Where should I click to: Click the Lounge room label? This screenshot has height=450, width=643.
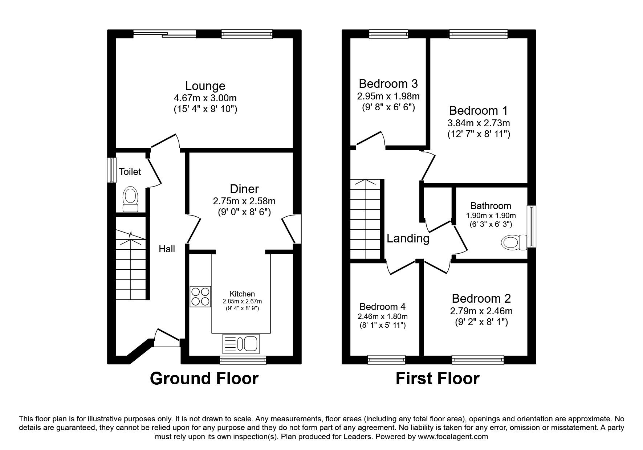[x=205, y=86]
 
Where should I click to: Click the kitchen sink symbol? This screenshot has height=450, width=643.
[x=241, y=343]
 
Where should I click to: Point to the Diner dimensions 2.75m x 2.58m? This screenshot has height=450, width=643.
[x=244, y=201]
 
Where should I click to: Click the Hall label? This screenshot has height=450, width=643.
[x=167, y=249]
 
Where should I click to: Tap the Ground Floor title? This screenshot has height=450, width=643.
[x=204, y=379]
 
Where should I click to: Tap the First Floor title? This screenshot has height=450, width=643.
[x=437, y=379]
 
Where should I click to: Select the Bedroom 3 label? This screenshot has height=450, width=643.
[x=388, y=84]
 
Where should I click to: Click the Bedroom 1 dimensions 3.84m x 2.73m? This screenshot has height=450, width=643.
[x=479, y=123]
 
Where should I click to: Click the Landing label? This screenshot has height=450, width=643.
[x=408, y=238]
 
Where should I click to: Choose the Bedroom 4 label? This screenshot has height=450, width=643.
[x=382, y=307]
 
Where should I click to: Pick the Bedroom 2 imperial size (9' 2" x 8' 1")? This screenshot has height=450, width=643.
[x=481, y=322]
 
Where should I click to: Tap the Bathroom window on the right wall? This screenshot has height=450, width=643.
[x=532, y=227]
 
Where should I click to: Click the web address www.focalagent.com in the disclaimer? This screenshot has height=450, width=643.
[x=453, y=437]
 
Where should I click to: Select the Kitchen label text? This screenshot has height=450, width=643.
[x=242, y=294]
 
